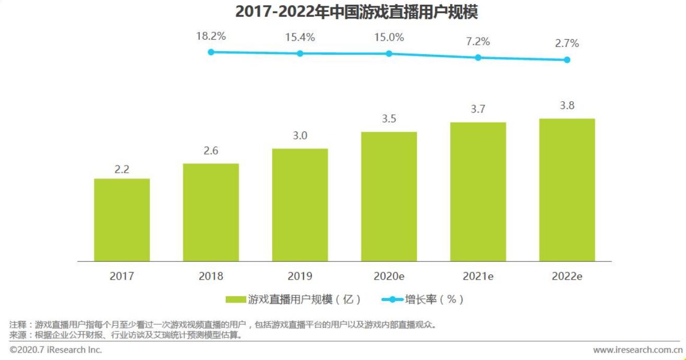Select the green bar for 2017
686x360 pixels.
click(122, 220)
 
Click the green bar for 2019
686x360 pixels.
click(300, 205)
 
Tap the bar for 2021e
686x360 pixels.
click(478, 191)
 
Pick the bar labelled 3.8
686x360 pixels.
click(567, 189)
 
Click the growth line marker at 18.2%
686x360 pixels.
click(211, 52)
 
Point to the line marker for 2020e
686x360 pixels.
click(389, 54)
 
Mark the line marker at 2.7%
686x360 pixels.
click(567, 59)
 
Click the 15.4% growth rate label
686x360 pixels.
click(300, 38)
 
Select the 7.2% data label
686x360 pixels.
click(478, 42)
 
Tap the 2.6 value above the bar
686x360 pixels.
click(211, 151)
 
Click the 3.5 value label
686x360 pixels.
click(389, 119)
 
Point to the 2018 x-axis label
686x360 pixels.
click(211, 276)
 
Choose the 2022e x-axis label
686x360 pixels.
click(567, 276)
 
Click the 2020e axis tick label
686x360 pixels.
click(389, 276)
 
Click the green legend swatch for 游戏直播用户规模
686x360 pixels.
click(236, 299)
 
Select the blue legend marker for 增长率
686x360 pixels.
click(392, 299)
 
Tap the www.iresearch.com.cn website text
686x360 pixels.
click(637, 350)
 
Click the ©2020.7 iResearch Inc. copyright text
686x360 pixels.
click(56, 350)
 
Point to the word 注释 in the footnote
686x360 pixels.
click(18, 325)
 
